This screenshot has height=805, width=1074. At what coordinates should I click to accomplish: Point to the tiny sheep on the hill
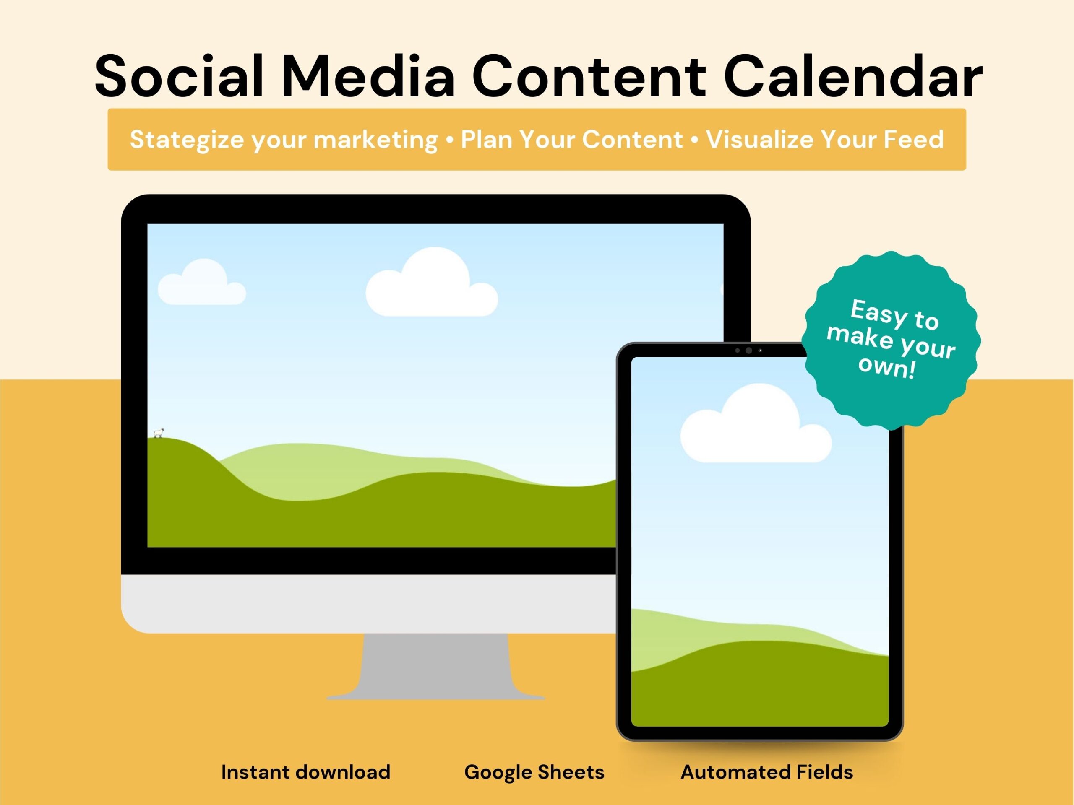[159, 433]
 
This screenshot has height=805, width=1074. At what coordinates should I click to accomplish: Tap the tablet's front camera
[749, 351]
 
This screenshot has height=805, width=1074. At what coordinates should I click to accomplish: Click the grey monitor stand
[435, 666]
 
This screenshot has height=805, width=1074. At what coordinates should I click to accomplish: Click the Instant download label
[306, 772]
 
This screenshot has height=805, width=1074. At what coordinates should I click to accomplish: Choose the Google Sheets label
[534, 772]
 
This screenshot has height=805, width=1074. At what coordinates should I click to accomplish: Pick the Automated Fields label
[766, 772]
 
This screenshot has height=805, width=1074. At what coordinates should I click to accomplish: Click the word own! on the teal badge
[887, 367]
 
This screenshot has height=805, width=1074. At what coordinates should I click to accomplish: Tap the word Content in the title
[589, 77]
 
